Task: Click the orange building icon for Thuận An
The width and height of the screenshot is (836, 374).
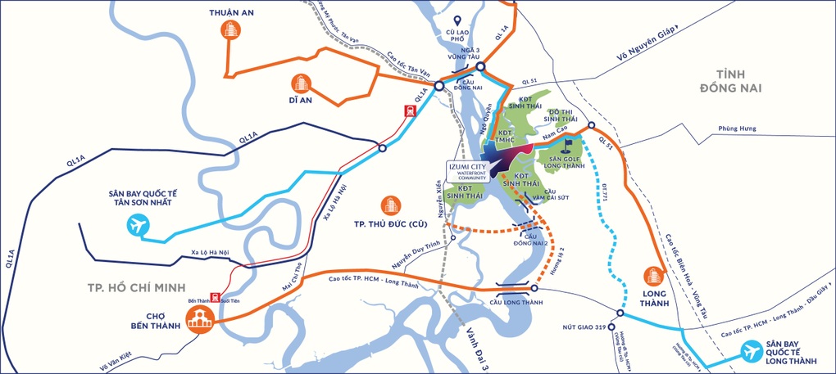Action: point(231,30)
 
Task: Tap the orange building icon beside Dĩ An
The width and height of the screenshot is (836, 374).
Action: point(300,83)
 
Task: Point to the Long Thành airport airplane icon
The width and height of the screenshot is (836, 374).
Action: point(752,351)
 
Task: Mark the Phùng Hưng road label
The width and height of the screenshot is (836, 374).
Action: point(734,128)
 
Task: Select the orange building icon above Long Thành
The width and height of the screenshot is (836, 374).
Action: point(655,277)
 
